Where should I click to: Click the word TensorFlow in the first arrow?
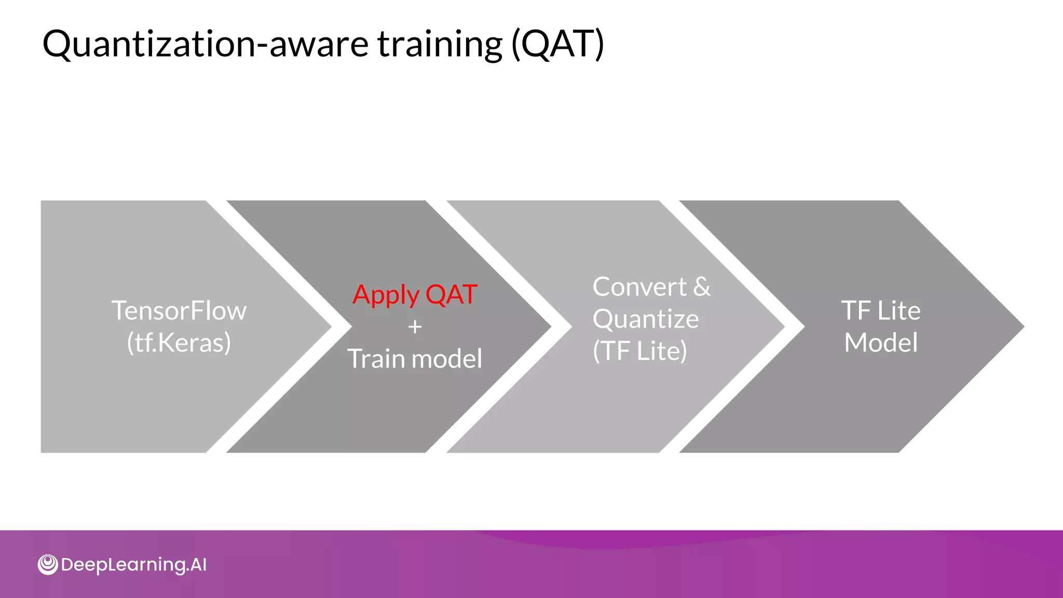pyautogui.click(x=179, y=311)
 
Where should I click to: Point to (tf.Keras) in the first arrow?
pyautogui.click(x=179, y=343)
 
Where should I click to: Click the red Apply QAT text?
pyautogui.click(x=415, y=294)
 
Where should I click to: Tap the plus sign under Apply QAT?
pyautogui.click(x=415, y=327)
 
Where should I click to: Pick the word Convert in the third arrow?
pyautogui.click(x=639, y=287)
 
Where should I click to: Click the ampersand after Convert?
pyautogui.click(x=702, y=287)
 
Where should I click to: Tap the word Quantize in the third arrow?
pyautogui.click(x=646, y=319)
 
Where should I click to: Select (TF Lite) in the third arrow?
pyautogui.click(x=640, y=351)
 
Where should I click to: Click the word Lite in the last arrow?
pyautogui.click(x=898, y=311)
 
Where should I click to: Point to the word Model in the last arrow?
pyautogui.click(x=881, y=343)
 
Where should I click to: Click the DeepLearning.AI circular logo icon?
pyautogui.click(x=48, y=564)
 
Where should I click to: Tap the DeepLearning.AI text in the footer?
pyautogui.click(x=134, y=565)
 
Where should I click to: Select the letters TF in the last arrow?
pyautogui.click(x=856, y=311)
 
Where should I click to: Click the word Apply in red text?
pyautogui.click(x=386, y=295)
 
